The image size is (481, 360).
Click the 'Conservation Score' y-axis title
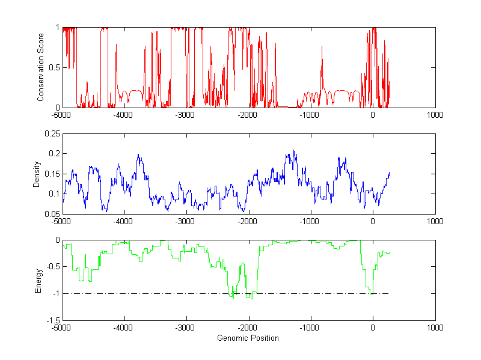point(40,67)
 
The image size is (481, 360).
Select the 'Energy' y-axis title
point(38,280)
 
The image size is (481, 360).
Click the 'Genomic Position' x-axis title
point(248,338)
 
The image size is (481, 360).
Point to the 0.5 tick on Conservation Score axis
point(53,67)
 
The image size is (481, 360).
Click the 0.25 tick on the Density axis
point(51,133)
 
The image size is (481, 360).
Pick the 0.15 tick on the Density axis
point(51,174)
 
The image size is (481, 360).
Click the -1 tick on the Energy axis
point(55,293)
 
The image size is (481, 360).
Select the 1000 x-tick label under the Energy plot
point(435,328)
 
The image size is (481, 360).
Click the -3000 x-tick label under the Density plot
point(185,221)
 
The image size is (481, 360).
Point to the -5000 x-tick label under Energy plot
point(61,328)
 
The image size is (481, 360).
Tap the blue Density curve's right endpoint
point(390,173)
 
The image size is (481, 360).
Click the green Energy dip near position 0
point(372,292)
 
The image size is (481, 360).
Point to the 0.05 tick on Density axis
point(51,213)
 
